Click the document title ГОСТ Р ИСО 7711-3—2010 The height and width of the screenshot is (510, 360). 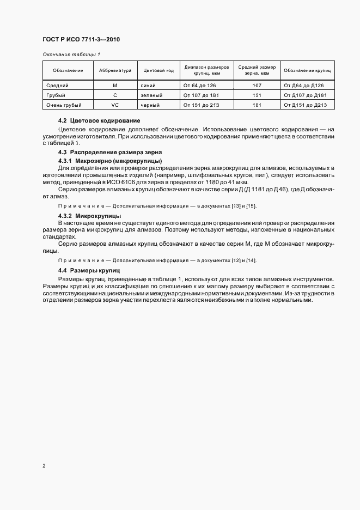[81, 40]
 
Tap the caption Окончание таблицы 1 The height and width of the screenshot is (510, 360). [70, 54]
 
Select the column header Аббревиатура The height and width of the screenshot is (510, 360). [115, 71]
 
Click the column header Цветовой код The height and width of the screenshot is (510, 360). [158, 71]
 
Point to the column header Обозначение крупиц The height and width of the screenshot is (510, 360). [307, 71]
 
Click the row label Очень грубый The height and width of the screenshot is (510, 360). [64, 105]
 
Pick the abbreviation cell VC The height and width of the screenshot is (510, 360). [115, 105]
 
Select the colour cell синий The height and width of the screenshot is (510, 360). [148, 86]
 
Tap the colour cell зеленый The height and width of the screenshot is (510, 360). [151, 95]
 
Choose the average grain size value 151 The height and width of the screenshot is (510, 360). [257, 95]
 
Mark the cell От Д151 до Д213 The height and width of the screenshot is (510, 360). [306, 105]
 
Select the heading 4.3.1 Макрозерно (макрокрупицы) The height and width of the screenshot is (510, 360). [109, 162]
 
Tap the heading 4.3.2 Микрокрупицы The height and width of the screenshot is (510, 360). [90, 216]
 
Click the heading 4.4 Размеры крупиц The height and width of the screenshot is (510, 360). [88, 271]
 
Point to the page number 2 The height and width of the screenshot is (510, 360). [44, 466]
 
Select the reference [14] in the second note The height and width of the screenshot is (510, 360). [252, 260]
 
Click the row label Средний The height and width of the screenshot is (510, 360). [57, 86]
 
